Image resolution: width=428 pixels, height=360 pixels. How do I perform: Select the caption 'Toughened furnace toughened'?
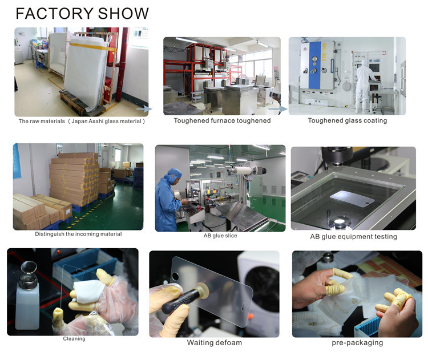pos(222,120)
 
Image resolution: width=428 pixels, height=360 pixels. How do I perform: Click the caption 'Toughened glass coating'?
pos(348,120)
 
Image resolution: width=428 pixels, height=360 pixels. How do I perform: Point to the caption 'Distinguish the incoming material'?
pos(78,234)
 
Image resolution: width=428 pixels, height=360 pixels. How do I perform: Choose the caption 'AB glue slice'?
pos(220,236)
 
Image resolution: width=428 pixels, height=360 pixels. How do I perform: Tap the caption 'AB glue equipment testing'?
pos(353,236)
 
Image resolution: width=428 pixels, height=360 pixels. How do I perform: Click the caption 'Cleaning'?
pos(74,339)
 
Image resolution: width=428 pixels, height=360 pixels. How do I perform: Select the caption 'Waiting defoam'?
pos(214,342)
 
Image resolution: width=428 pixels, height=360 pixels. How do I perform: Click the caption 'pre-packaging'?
pos(357,342)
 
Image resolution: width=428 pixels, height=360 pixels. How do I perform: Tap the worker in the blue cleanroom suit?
pos(167,201)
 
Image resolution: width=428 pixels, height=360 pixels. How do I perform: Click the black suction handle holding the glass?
pos(180,301)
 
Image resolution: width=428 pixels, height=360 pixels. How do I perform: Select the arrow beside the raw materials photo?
pos(144,109)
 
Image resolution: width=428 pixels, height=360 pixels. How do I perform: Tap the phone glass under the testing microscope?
pos(352,197)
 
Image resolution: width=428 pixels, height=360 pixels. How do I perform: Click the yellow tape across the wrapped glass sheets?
pos(93,46)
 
